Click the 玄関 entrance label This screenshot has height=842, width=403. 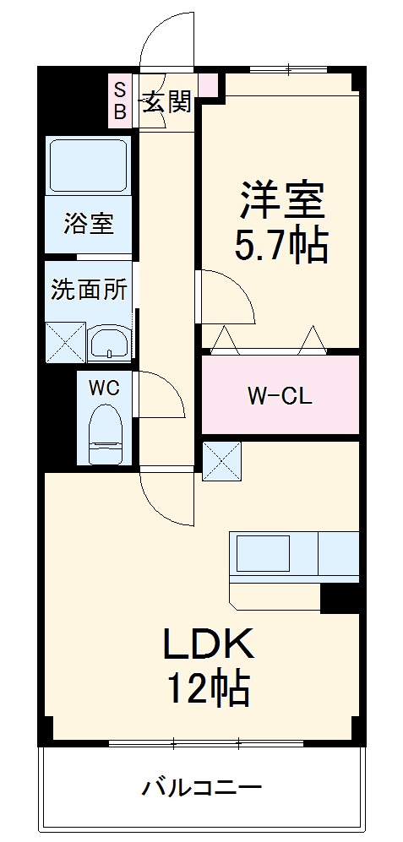pos(166,102)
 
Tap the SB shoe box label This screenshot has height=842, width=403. pos(120,100)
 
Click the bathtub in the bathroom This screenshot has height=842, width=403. pos(88,165)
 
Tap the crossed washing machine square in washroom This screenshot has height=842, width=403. pos(64,343)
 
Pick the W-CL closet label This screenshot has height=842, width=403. pos(279,395)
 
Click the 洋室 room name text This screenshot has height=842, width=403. pos(281,202)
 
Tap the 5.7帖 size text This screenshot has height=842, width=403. pos(281,246)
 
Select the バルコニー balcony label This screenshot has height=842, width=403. pos(201,789)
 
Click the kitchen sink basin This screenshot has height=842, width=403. pos(263,555)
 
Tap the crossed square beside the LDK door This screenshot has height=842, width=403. pos(221,460)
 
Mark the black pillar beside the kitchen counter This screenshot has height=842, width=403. pos(340,597)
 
